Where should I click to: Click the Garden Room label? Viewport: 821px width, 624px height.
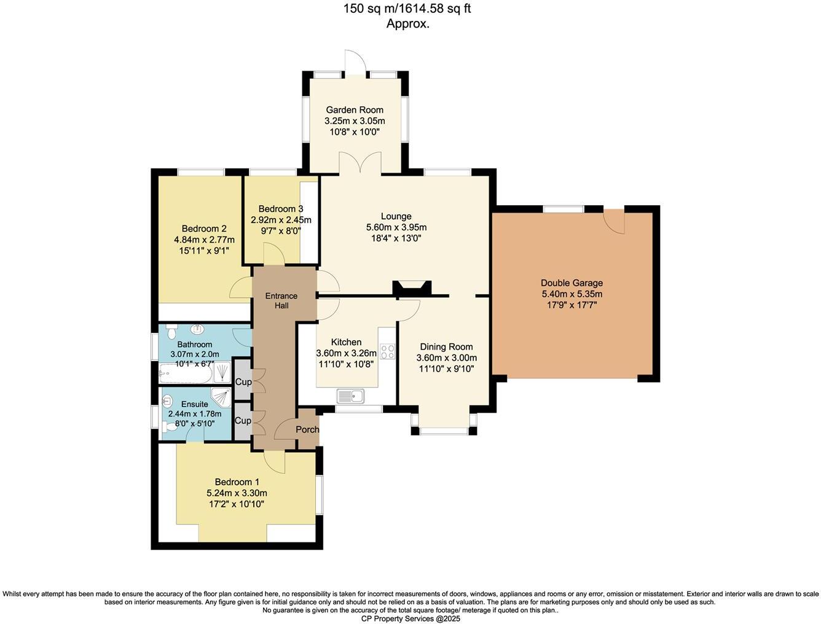(x=355, y=110)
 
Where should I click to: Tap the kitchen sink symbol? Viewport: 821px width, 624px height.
(x=350, y=397)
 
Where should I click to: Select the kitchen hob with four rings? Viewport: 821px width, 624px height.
(x=388, y=352)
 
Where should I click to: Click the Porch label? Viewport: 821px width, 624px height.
(x=307, y=429)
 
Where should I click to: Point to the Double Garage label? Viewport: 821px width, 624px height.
(x=572, y=283)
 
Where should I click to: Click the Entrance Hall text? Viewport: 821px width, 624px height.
(x=281, y=300)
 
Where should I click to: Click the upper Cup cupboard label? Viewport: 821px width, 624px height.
(x=243, y=382)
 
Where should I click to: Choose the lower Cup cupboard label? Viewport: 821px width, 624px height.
(x=243, y=421)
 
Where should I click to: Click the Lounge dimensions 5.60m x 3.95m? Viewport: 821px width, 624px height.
(x=396, y=227)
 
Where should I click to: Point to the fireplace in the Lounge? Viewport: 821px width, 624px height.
(x=412, y=288)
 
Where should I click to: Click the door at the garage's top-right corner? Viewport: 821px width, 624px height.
(x=615, y=221)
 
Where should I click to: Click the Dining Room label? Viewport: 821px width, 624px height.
(x=446, y=347)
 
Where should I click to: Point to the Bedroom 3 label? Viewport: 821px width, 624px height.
(x=281, y=209)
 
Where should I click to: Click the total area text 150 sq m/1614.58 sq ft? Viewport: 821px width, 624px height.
(x=407, y=9)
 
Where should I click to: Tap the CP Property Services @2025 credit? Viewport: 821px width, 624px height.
(x=410, y=618)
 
